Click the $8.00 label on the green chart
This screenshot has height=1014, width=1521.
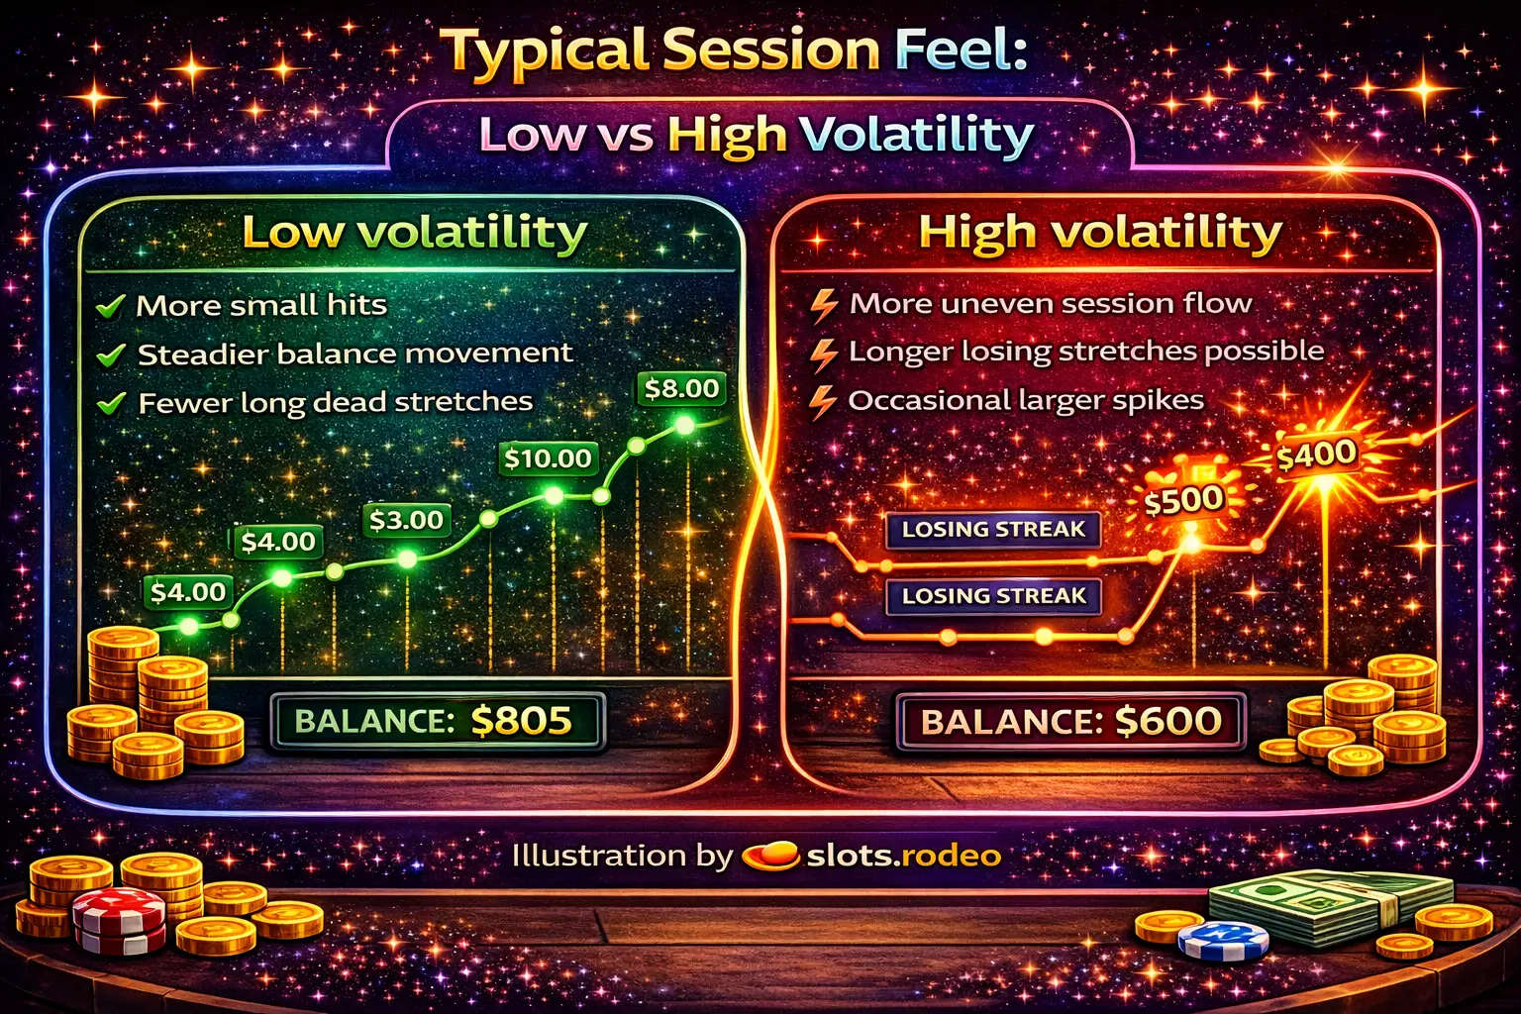click(681, 389)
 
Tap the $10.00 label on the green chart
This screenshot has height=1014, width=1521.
click(548, 458)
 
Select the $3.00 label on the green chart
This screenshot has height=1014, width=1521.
click(406, 520)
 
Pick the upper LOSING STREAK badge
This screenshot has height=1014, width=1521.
click(993, 530)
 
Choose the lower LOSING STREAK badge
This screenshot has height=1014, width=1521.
click(993, 596)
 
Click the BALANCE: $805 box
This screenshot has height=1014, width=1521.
click(436, 721)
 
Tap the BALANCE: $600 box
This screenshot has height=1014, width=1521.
click(1070, 721)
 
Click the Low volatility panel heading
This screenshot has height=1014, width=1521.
click(414, 233)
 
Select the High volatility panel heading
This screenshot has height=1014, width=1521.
click(1100, 233)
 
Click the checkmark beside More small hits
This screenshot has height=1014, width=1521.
click(110, 306)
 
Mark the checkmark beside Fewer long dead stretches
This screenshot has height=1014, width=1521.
click(111, 403)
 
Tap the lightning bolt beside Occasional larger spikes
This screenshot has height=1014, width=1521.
click(823, 401)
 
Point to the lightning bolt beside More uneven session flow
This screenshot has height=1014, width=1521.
click(824, 305)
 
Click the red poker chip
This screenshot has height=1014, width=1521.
click(120, 920)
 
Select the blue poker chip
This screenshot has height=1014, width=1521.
click(1223, 941)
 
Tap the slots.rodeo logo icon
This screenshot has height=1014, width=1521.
click(770, 856)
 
